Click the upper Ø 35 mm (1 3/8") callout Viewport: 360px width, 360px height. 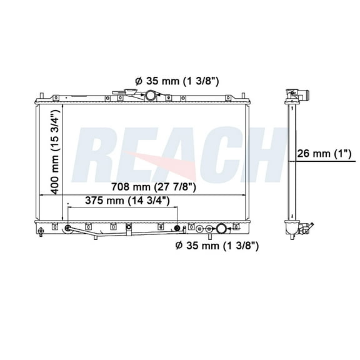(x=167, y=80)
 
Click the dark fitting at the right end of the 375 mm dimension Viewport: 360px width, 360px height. (x=177, y=228)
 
